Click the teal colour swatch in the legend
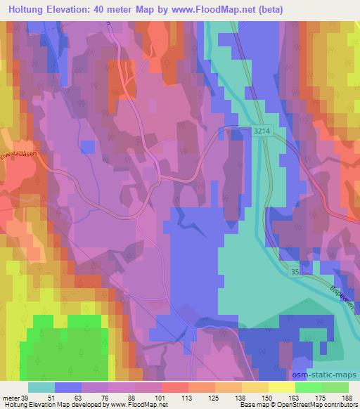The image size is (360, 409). click(41, 387)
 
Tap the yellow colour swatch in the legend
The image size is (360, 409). click(282, 387)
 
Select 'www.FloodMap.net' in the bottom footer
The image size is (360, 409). click(136, 405)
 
